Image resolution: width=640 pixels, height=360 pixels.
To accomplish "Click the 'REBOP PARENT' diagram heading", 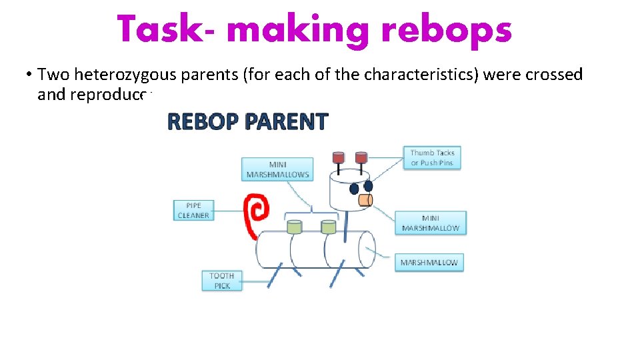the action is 247,122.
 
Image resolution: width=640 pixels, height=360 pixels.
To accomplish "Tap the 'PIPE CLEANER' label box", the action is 193,210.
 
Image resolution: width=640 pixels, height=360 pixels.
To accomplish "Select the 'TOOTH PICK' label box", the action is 222,280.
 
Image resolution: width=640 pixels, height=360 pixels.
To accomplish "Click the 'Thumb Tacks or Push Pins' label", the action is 432,157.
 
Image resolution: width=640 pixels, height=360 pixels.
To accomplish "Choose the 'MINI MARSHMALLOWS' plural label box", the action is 278,169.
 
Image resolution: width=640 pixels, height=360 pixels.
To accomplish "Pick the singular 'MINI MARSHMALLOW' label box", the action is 431,223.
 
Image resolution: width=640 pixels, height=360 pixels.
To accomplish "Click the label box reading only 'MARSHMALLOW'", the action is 429,262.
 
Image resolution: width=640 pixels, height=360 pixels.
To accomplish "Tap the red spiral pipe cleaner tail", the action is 255,213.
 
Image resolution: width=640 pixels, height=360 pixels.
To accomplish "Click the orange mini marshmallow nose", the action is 365,199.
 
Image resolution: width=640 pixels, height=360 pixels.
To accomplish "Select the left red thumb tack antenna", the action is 339,158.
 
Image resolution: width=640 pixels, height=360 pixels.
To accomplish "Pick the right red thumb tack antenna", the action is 361,158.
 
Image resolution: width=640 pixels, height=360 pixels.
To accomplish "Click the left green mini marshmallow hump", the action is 294,227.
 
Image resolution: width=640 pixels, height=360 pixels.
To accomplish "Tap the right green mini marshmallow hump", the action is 327,227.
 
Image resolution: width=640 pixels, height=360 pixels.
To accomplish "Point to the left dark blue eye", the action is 354,189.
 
